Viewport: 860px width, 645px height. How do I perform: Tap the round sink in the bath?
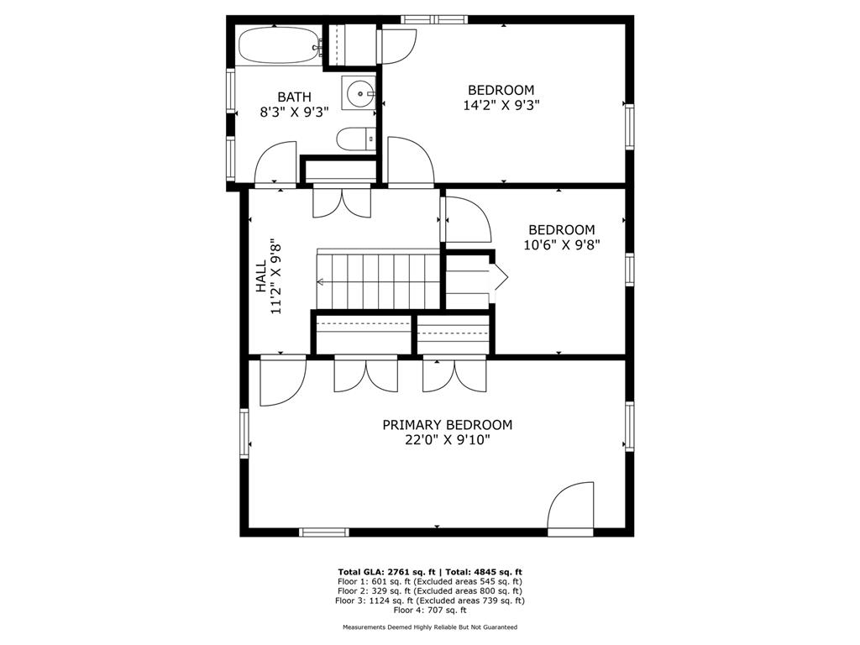coord(359,91)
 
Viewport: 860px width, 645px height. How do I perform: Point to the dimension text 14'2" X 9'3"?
coord(501,106)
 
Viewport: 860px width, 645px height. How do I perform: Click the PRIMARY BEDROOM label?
coord(448,425)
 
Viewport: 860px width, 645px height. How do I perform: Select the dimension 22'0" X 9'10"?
coord(448,440)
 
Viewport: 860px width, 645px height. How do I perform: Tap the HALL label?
coord(260,275)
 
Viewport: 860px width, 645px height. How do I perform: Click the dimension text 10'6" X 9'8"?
coord(561,245)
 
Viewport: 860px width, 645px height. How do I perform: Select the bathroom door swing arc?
coord(276,162)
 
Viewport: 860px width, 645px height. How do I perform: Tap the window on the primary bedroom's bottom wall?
coord(324,532)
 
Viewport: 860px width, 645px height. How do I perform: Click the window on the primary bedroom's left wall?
coord(245,434)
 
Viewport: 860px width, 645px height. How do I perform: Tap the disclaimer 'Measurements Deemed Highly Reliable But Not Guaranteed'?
coord(429,627)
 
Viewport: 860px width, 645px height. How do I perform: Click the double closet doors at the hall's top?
coord(340,202)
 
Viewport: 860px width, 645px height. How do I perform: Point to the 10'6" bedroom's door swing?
coord(467,220)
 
